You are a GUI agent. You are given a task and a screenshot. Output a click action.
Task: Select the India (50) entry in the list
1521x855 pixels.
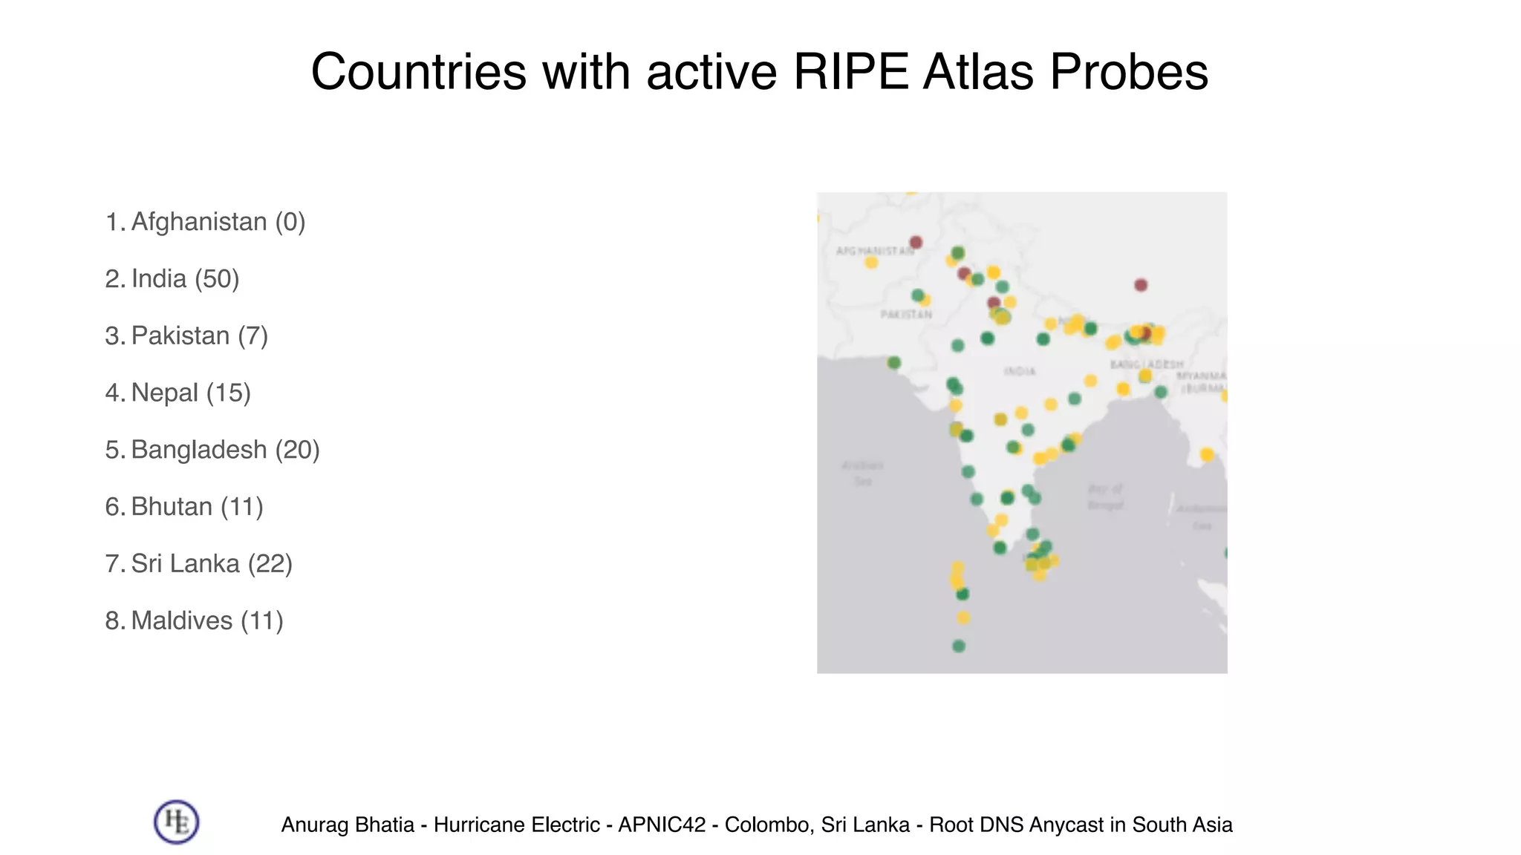[x=185, y=279]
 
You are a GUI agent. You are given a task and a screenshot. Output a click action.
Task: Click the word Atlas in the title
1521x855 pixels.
[x=978, y=72]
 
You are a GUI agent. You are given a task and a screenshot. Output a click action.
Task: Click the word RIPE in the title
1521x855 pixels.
[x=851, y=72]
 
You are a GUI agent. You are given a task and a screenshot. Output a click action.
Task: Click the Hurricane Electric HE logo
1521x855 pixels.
[x=177, y=822]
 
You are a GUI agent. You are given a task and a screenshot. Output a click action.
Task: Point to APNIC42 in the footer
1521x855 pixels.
[x=662, y=825]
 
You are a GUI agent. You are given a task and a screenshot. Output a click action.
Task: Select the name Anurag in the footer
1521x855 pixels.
[x=310, y=825]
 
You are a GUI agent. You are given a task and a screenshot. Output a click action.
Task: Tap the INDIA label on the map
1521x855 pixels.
[x=1020, y=371]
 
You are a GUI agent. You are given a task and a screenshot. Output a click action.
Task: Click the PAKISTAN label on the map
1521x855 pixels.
[x=906, y=315]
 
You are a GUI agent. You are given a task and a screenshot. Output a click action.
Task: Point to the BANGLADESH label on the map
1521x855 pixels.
[x=1147, y=364]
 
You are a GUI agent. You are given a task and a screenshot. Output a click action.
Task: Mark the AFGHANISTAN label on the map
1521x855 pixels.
[x=875, y=251]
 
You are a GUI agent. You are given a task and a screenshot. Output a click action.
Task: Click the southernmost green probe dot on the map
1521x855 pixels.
[x=959, y=646]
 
